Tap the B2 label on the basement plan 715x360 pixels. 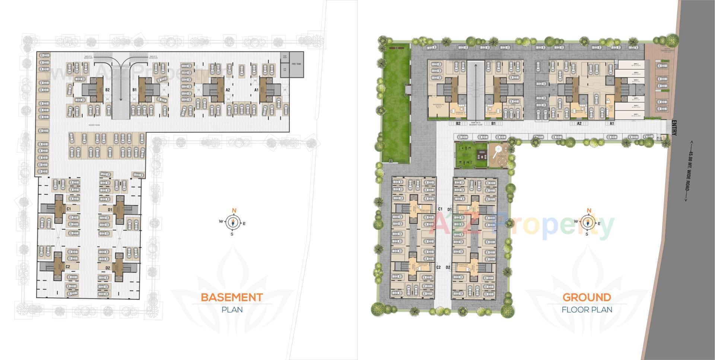(x=107, y=90)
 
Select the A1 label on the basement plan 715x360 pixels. (x=256, y=90)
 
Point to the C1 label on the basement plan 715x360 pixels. (x=69, y=209)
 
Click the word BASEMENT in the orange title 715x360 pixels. (x=232, y=297)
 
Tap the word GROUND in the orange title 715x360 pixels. (x=587, y=297)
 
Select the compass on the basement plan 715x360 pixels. (x=233, y=223)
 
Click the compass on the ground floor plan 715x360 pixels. (x=588, y=223)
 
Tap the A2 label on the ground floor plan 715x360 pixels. (x=579, y=123)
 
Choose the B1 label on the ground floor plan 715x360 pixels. (x=493, y=123)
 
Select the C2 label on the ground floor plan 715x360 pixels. (x=438, y=267)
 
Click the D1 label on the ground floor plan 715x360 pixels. (x=449, y=209)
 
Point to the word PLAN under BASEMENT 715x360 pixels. (x=232, y=309)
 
